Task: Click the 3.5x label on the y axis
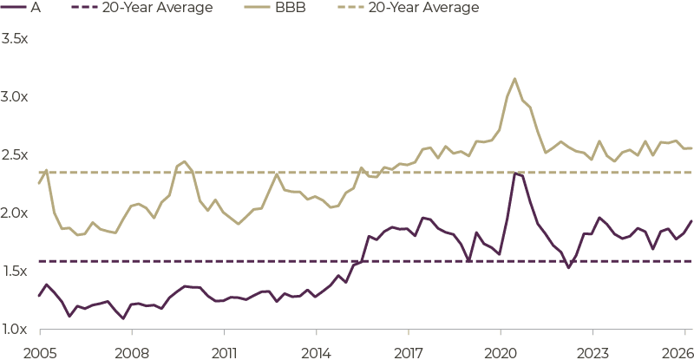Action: click(14, 39)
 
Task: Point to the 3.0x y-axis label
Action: click(14, 97)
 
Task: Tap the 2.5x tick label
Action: click(14, 155)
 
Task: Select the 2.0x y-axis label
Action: click(14, 213)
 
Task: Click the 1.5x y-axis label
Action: click(15, 271)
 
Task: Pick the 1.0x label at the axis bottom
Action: click(15, 329)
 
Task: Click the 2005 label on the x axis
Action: click(40, 353)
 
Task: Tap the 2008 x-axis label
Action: click(132, 353)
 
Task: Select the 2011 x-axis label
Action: click(224, 353)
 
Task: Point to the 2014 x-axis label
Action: click(316, 353)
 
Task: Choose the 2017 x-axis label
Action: click(408, 353)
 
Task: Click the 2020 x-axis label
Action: click(501, 353)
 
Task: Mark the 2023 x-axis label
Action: click(593, 353)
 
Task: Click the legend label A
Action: click(36, 8)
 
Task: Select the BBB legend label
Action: click(291, 8)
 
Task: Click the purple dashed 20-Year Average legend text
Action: click(158, 8)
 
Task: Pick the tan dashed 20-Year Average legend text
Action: click(424, 8)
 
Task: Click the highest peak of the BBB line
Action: click(514, 79)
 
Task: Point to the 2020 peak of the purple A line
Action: click(514, 173)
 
